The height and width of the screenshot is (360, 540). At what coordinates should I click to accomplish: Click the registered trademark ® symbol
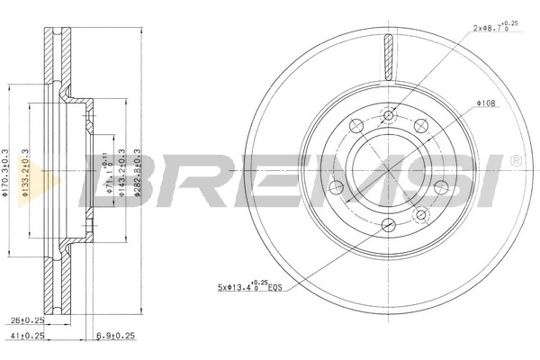(x=515, y=160)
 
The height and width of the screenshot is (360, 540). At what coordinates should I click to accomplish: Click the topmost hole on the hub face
(x=390, y=115)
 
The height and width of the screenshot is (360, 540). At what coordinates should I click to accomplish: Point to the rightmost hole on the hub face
(x=442, y=186)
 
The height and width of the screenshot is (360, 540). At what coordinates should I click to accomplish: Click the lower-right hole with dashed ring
(x=421, y=215)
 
